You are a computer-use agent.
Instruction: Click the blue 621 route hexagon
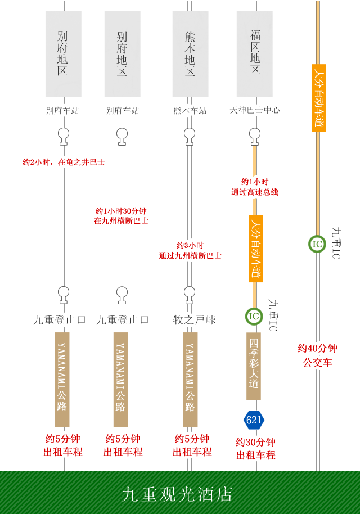tap(254, 420)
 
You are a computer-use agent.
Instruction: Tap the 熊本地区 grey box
tap(190, 54)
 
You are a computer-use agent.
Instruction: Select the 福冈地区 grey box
tap(255, 54)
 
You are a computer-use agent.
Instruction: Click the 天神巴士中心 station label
tap(255, 111)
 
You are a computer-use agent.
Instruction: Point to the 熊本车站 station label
tap(190, 111)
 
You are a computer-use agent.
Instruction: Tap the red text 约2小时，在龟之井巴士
tap(64, 163)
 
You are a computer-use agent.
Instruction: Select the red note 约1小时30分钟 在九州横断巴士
tap(121, 216)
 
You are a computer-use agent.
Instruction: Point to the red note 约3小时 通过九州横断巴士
tap(190, 250)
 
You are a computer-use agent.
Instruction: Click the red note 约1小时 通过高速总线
tap(255, 187)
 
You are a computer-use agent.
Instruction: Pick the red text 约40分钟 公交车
tap(318, 355)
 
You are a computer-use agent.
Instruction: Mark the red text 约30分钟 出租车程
tap(255, 448)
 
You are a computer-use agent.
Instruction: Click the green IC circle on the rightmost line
tap(317, 244)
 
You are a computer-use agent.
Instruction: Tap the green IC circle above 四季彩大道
tap(254, 316)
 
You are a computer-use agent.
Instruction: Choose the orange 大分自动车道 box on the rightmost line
tap(318, 98)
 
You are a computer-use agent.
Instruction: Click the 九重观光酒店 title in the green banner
tap(177, 494)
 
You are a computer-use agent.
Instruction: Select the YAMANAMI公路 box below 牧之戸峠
tap(190, 379)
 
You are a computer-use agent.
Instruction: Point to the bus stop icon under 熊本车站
tap(190, 135)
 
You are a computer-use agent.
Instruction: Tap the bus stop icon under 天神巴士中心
tap(255, 135)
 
